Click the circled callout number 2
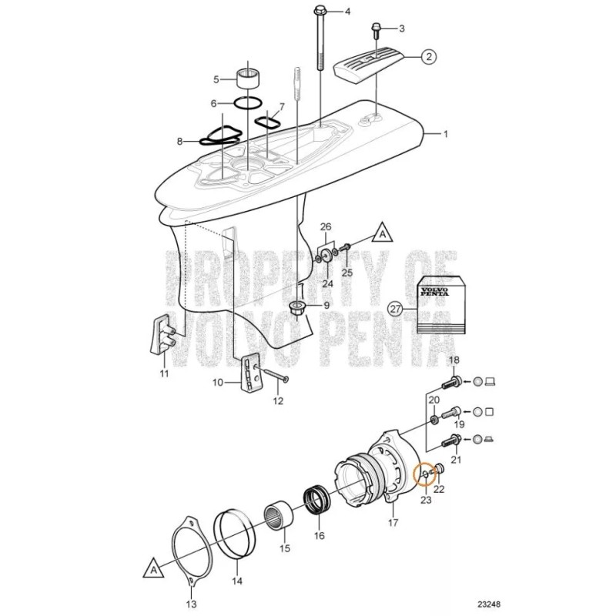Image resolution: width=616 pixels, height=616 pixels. tap(429, 55)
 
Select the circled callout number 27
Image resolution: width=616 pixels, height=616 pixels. tap(395, 310)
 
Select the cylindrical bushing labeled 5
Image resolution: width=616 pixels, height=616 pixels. tap(248, 79)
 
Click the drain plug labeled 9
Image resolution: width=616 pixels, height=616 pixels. tap(297, 309)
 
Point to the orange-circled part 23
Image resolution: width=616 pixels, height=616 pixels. tap(423, 474)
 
